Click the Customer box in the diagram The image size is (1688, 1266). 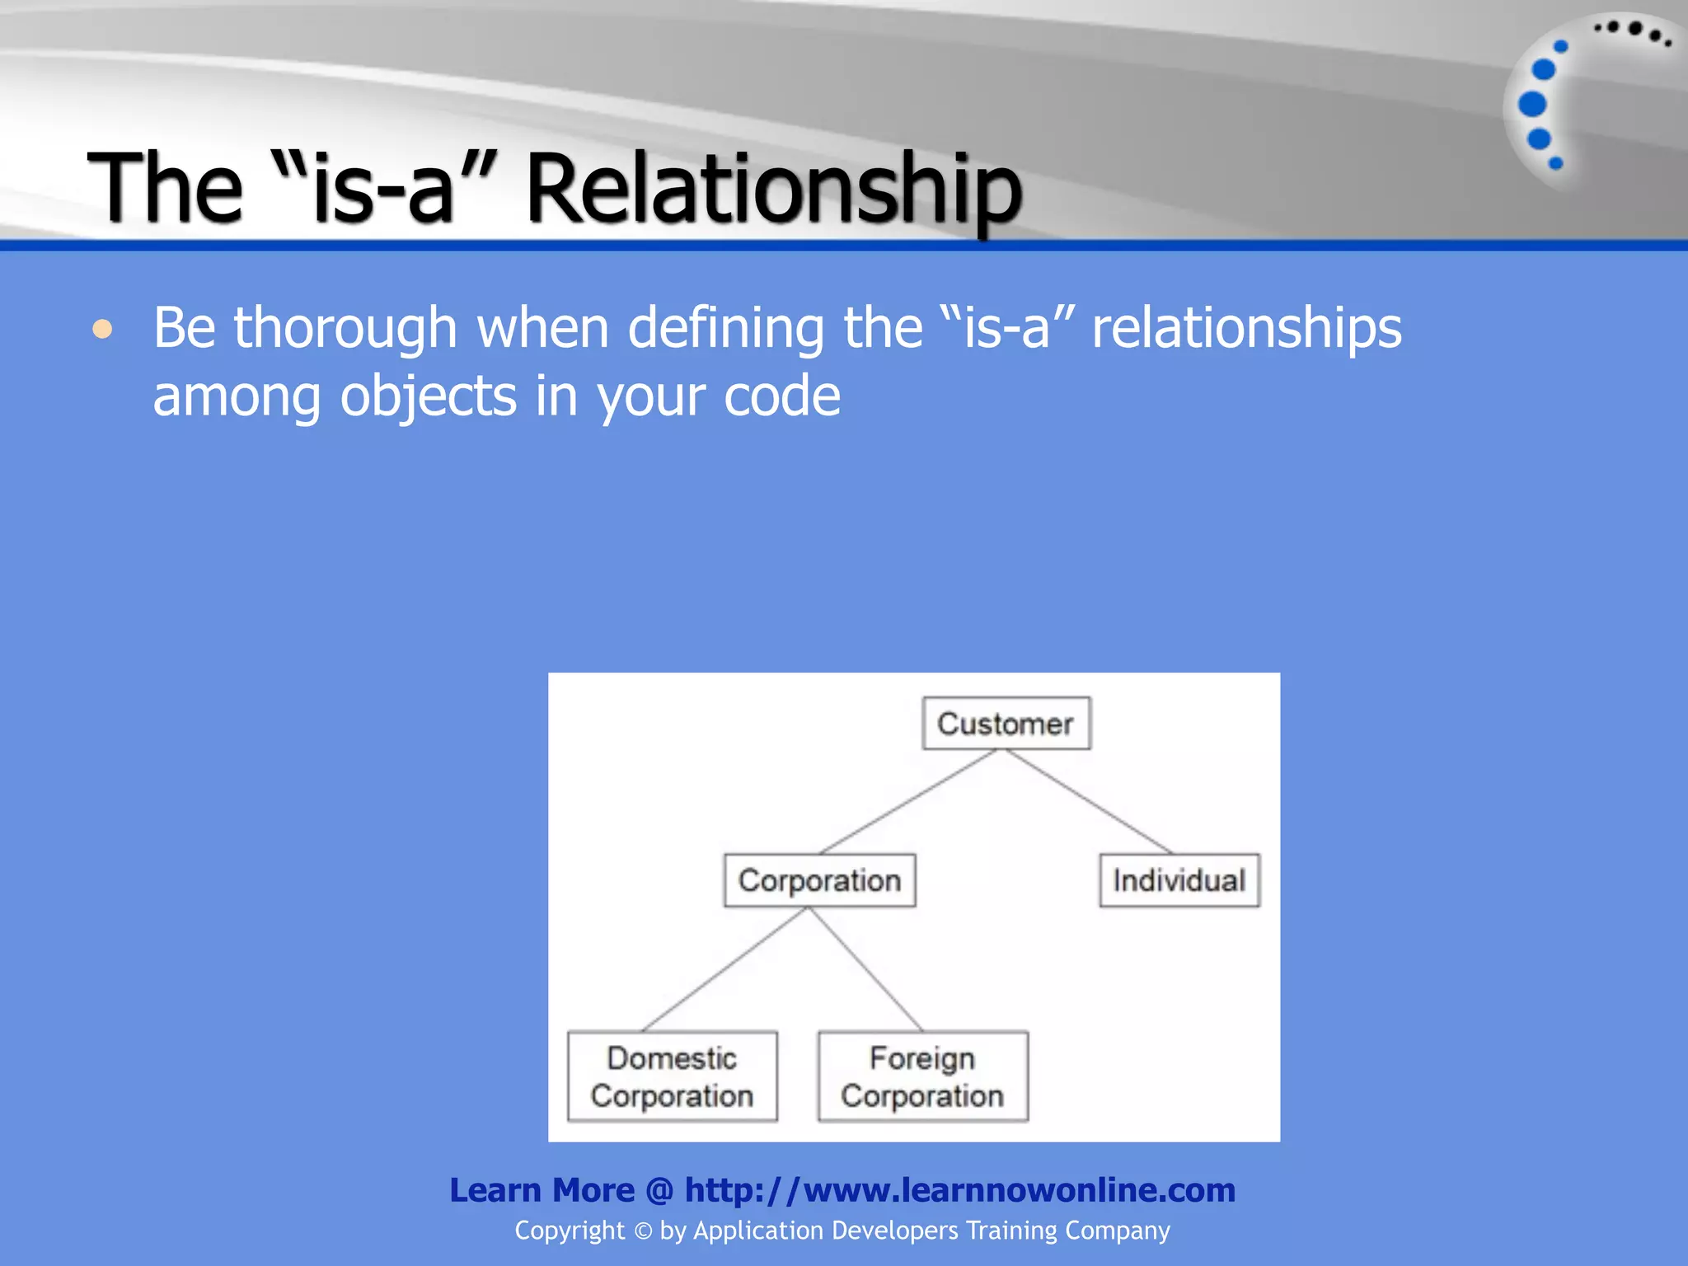(x=1006, y=724)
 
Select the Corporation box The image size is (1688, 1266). (x=819, y=880)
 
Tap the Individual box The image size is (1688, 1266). (x=1179, y=880)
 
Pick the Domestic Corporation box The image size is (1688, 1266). (x=672, y=1076)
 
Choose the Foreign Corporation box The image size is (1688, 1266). (x=922, y=1076)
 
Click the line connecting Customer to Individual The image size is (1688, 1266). (x=1088, y=801)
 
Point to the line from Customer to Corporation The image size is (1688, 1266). (x=908, y=801)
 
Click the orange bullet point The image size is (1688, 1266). (x=102, y=330)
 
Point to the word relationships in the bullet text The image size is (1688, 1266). (x=1246, y=328)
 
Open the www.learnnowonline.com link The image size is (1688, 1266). (x=960, y=1190)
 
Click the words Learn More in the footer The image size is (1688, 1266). (x=542, y=1190)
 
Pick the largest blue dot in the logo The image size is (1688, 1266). (x=1531, y=105)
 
